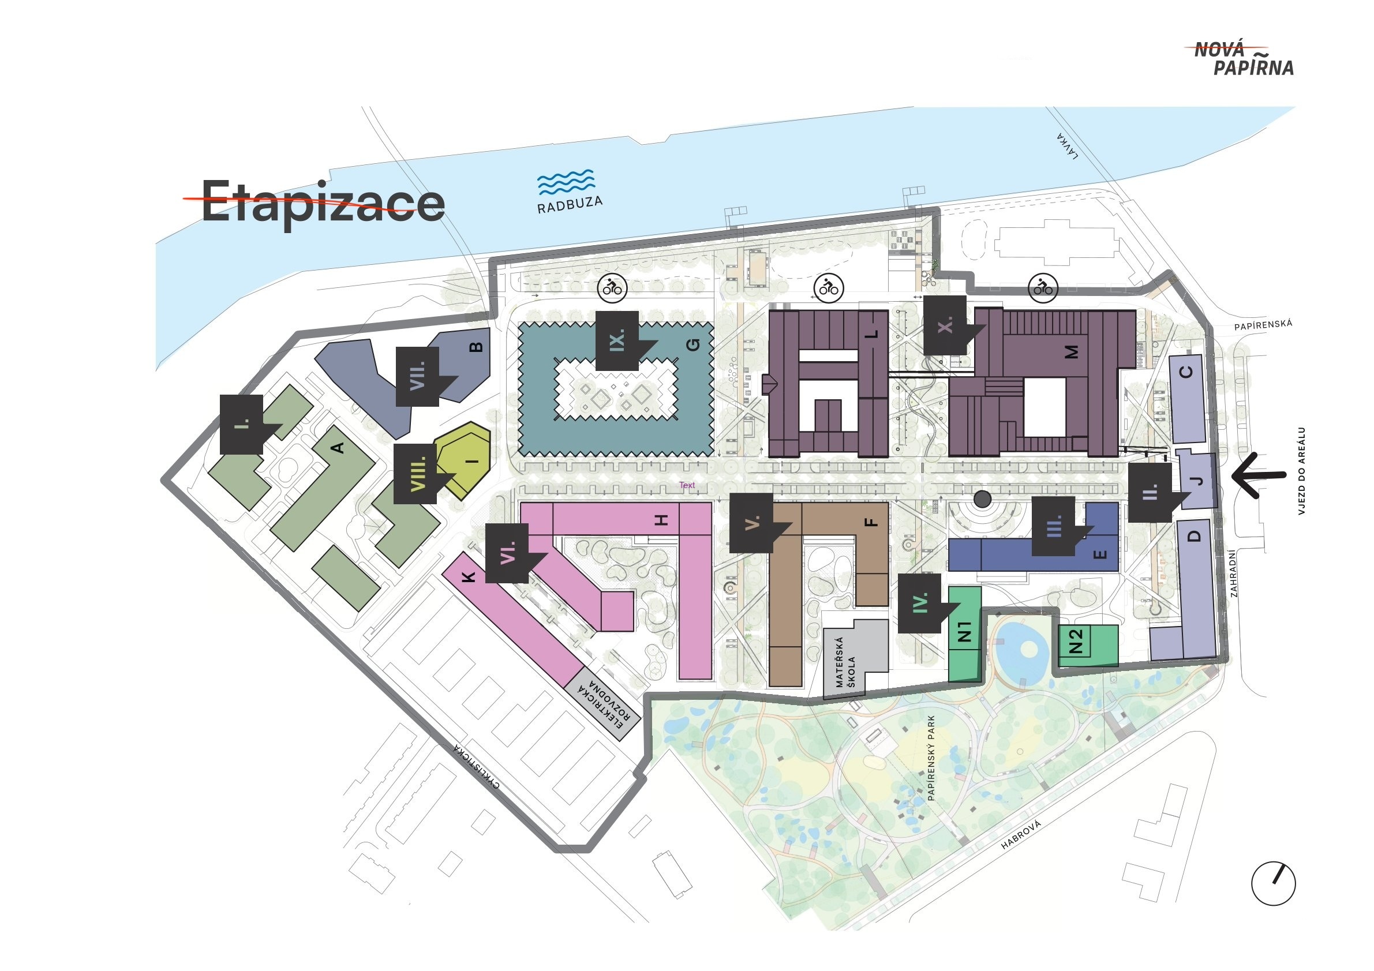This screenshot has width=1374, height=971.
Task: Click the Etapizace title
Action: [323, 201]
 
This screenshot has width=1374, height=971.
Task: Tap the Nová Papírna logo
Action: [1244, 59]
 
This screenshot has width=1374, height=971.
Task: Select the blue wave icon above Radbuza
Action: [566, 182]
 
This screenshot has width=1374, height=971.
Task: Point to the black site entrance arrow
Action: [1258, 475]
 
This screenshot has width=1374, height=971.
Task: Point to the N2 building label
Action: [1076, 641]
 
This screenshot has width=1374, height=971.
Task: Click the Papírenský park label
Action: [931, 758]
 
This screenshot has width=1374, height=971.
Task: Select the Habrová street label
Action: [1021, 835]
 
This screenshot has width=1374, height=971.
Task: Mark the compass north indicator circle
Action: [1274, 884]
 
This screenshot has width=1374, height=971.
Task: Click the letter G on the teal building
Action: [692, 345]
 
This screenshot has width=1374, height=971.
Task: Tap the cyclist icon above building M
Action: [1043, 288]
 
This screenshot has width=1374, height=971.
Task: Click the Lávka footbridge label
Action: [1067, 146]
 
